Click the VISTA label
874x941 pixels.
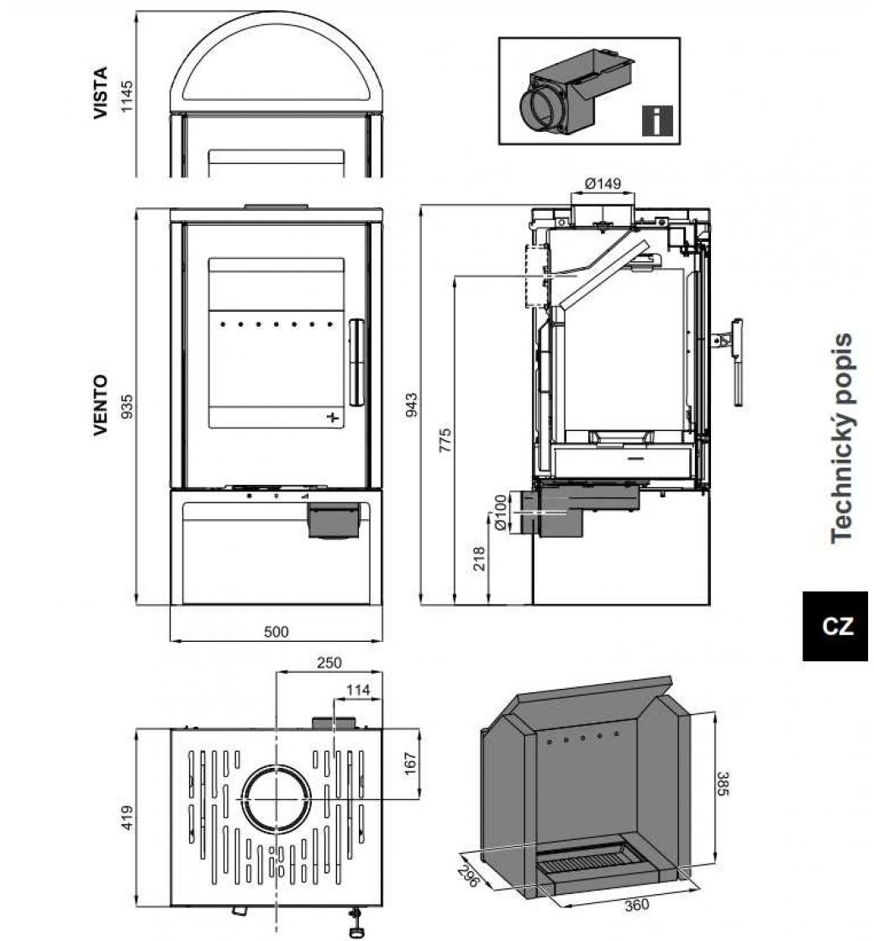[x=101, y=92]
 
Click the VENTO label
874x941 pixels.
[x=101, y=404]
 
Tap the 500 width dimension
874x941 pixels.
[x=276, y=632]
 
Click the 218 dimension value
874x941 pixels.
[x=480, y=559]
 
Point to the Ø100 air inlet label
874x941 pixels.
[x=502, y=513]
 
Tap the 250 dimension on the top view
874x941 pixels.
[x=329, y=663]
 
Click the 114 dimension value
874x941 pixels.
[x=358, y=690]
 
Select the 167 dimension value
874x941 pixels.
[x=411, y=762]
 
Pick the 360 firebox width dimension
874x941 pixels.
[x=638, y=906]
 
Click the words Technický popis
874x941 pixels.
[x=841, y=438]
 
